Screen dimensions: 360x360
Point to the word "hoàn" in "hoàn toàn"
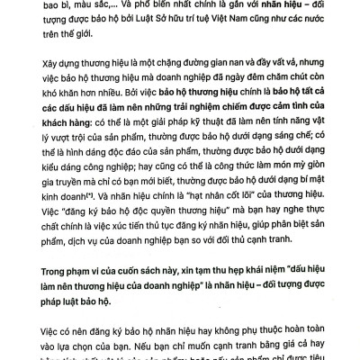[x=274, y=345]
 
